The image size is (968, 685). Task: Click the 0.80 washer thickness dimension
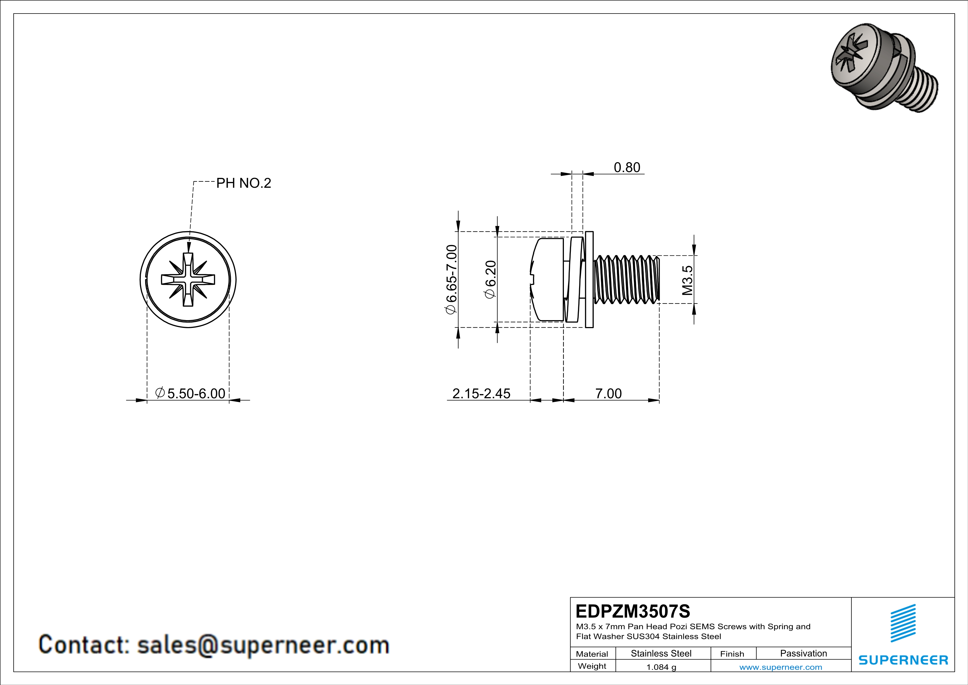[x=627, y=167]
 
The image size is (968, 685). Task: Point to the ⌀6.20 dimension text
[x=490, y=279]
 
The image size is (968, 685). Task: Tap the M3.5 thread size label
[x=687, y=280]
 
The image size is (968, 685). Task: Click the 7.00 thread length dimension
[x=608, y=393]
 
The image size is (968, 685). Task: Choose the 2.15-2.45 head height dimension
[x=481, y=393]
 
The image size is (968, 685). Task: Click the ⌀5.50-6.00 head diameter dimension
[x=190, y=393]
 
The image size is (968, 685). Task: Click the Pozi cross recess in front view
[x=188, y=279]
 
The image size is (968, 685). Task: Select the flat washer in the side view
[x=589, y=279]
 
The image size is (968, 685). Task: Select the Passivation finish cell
[x=803, y=653]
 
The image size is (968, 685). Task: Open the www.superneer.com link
[x=780, y=667]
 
